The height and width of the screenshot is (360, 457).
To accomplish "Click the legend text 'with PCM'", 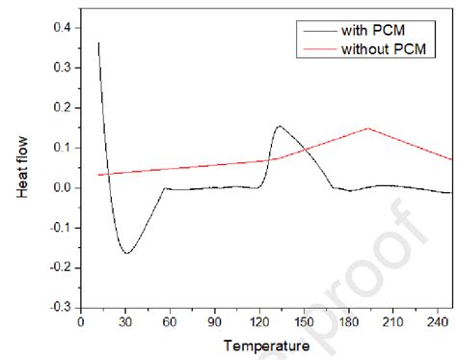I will coord(370,31).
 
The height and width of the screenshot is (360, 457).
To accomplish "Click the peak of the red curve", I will coord(367,128).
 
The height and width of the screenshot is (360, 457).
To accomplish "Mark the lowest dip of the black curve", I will coord(126,253).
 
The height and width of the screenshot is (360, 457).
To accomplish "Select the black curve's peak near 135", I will coord(279,126).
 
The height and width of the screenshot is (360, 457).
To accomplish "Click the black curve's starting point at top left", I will coord(98,42).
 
